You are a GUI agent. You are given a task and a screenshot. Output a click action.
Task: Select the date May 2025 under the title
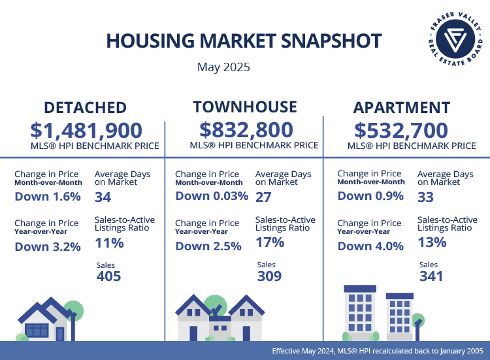(223, 67)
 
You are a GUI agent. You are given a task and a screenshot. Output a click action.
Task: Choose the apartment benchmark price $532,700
(401, 129)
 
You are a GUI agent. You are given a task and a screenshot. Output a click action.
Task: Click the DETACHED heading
(85, 107)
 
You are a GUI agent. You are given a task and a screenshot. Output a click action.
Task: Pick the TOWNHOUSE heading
(245, 107)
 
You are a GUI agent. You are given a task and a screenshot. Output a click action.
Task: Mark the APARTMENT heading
(401, 107)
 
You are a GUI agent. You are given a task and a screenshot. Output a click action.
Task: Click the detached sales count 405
(108, 276)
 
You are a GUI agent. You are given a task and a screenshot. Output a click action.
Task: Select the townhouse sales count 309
(269, 276)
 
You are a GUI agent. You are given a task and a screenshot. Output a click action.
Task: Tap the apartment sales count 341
(431, 276)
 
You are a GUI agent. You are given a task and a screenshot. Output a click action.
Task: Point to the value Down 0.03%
(212, 196)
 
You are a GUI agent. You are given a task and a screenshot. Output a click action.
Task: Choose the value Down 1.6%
(47, 196)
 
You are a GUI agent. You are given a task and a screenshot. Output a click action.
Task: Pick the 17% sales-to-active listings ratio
(270, 242)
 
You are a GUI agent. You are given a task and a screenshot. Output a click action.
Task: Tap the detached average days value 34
(103, 197)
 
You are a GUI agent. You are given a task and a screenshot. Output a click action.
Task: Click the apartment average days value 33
(425, 197)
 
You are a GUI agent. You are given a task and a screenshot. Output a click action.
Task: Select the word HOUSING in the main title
(151, 41)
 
